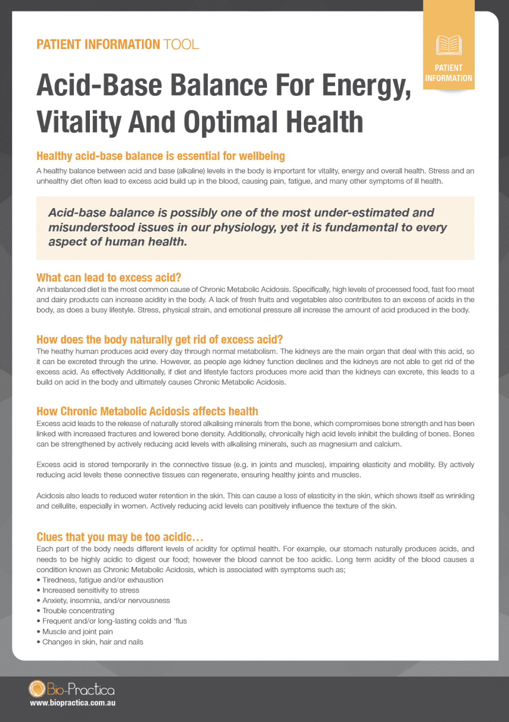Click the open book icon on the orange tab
tap(449, 45)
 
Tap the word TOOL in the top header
tap(181, 44)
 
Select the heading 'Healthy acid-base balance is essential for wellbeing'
tap(160, 156)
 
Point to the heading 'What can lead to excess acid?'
tap(109, 277)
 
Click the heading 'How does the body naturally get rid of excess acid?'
tap(159, 340)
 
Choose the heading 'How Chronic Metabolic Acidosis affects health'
tap(147, 411)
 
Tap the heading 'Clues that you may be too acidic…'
tap(119, 537)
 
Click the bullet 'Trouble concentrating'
tap(78, 611)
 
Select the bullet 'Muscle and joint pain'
tap(77, 631)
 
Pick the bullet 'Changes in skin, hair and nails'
tap(92, 642)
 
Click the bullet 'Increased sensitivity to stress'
tap(90, 590)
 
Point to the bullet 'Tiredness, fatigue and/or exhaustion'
tap(102, 580)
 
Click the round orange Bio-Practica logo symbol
tap(37, 689)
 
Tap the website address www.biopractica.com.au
tap(73, 703)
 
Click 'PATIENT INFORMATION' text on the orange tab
tap(449, 73)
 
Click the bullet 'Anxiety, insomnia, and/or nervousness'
tap(106, 600)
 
